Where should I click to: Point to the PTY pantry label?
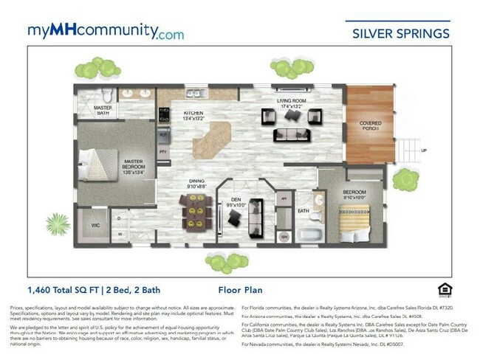(x=164, y=152)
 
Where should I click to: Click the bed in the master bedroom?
(x=100, y=163)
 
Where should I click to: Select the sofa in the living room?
(x=290, y=134)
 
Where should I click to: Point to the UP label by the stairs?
(x=423, y=151)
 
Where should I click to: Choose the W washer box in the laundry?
(x=119, y=235)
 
